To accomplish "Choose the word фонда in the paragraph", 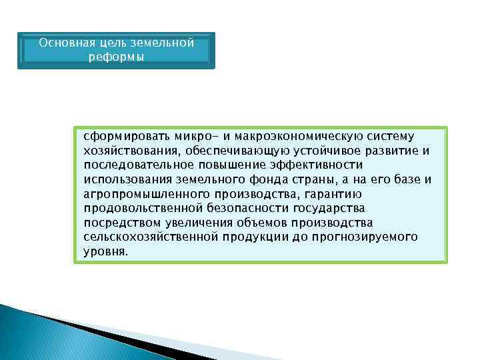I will point(285,179).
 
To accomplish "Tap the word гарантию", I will point(328,194).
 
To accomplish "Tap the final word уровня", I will point(105,253).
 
